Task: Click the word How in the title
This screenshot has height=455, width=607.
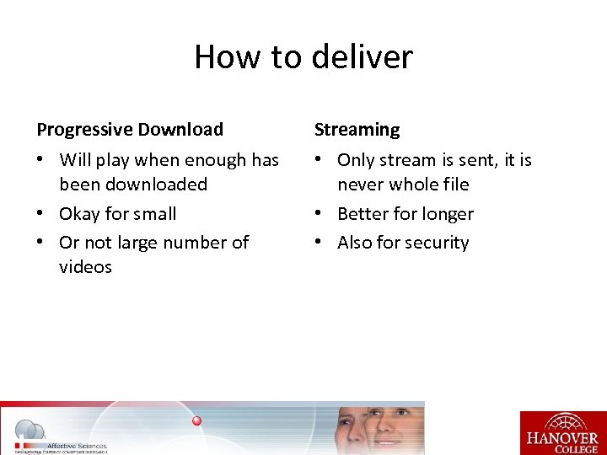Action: click(225, 57)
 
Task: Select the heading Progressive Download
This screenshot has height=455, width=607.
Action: click(130, 130)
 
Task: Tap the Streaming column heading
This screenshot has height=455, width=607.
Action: click(357, 130)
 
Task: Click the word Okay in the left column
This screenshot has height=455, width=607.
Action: click(81, 214)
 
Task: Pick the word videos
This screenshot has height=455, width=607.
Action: click(85, 267)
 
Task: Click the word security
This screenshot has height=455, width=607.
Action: click(437, 243)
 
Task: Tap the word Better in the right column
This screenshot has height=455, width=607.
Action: click(363, 214)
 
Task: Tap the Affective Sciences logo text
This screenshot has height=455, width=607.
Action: click(76, 446)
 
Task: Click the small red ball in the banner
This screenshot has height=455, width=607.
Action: click(196, 420)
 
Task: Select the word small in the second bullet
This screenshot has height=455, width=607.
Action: click(153, 214)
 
